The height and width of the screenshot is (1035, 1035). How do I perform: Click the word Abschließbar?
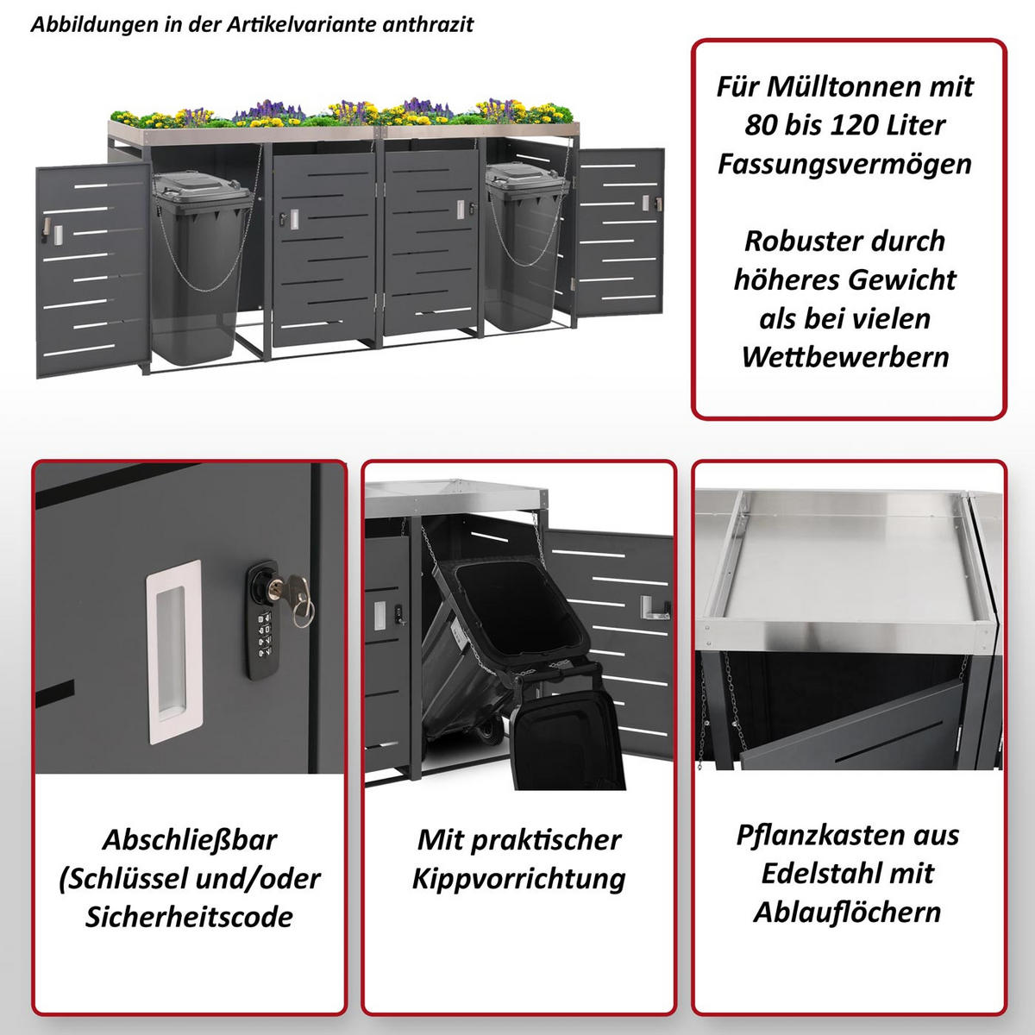coord(190,840)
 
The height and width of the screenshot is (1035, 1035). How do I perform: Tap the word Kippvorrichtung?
coord(519,879)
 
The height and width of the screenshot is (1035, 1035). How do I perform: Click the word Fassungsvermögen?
coord(845,165)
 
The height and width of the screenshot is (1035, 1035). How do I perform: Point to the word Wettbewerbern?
coord(845,356)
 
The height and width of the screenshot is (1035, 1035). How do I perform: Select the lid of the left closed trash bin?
coord(202,184)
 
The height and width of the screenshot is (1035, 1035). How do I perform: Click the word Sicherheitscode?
coord(190,917)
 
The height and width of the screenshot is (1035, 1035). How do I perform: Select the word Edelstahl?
coord(815,875)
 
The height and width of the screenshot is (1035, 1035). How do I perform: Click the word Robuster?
coord(798,241)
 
